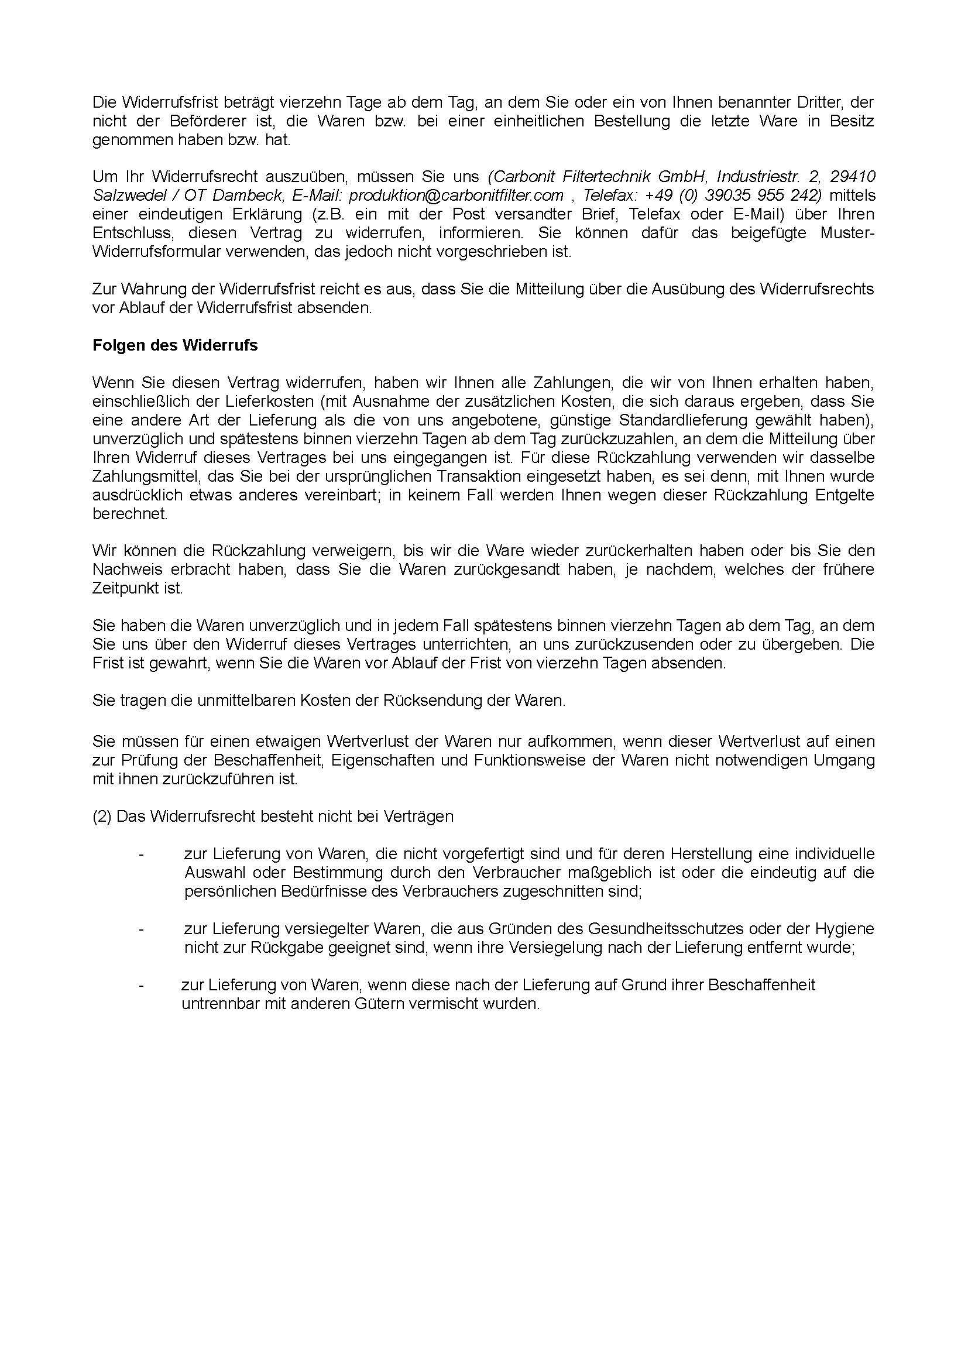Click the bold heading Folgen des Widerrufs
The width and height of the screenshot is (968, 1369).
pos(174,345)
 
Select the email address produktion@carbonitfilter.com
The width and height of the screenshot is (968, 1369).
pos(456,195)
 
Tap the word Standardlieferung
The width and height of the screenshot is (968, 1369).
pos(683,420)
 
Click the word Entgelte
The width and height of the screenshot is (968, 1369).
pos(845,495)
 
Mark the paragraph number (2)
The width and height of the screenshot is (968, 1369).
pos(102,816)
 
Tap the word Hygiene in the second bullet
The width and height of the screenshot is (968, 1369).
pos(845,928)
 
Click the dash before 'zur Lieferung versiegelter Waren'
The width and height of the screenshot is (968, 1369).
pos(141,929)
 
